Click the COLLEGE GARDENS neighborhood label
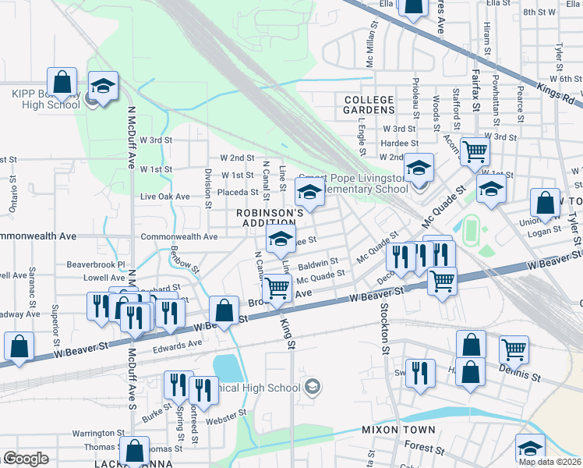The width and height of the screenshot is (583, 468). click(369, 105)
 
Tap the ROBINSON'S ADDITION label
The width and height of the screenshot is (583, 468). click(270, 218)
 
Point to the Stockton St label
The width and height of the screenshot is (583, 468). click(385, 328)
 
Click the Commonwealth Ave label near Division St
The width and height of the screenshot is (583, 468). click(179, 236)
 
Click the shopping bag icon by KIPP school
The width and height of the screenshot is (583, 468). click(62, 81)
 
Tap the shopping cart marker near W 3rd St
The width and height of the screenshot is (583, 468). click(475, 151)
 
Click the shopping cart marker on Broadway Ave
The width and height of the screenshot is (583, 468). click(277, 288)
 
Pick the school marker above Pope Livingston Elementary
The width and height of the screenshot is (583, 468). click(419, 167)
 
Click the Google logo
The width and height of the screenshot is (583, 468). click(26, 459)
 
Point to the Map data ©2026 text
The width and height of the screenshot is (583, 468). click(549, 462)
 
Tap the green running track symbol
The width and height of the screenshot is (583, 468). click(470, 229)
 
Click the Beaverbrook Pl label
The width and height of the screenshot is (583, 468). click(96, 264)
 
